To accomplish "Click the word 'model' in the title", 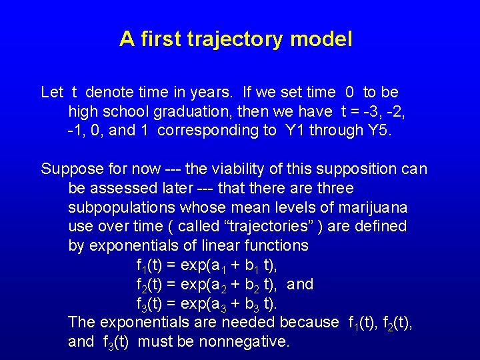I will point(321,40).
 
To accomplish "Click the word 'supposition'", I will point(351,169).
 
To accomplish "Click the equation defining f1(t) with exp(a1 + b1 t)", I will point(206,265).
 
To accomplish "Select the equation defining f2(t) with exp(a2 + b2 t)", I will point(206,285).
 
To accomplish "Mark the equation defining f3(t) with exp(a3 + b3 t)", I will point(206,304).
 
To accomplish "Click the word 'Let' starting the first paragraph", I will point(52,92).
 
